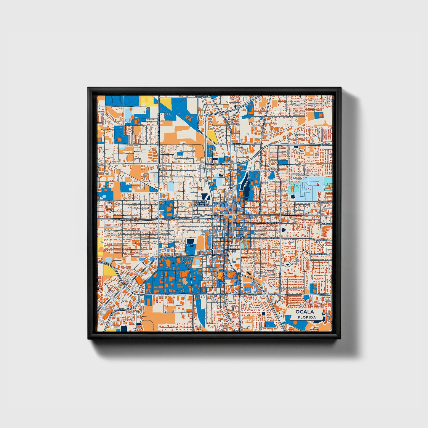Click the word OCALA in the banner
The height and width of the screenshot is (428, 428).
tap(304, 312)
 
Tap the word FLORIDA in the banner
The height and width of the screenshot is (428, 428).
tap(307, 317)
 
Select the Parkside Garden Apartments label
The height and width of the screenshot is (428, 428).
tap(202, 203)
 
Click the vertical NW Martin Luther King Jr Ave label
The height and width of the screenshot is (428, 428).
tap(159, 127)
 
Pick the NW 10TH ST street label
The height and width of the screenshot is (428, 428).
tap(215, 163)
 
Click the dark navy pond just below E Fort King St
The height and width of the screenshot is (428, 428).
tap(283, 230)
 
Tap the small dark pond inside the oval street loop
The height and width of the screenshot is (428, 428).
tap(287, 265)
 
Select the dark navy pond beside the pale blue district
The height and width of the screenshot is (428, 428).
tap(293, 196)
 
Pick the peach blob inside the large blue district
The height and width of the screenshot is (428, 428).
tap(185, 280)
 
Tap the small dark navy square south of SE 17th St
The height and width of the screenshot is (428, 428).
tap(262, 313)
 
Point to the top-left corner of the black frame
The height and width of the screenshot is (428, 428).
tap(88, 88)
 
